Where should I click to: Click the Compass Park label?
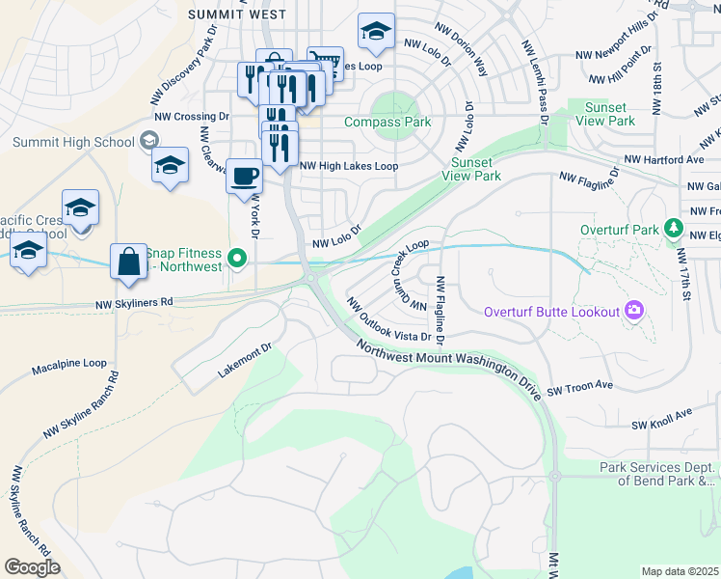coord(388,123)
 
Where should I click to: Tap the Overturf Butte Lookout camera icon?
coord(634,310)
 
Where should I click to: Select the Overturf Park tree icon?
coord(674,231)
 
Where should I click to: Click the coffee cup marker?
coord(243,177)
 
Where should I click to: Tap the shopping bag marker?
coord(128,262)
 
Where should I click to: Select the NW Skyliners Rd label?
coord(134,302)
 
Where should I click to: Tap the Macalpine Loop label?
coord(68,364)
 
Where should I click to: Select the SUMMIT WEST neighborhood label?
coord(237,14)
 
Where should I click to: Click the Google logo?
coord(32,567)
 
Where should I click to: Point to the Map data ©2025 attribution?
coord(680,571)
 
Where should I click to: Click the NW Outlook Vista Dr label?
coord(387,320)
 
